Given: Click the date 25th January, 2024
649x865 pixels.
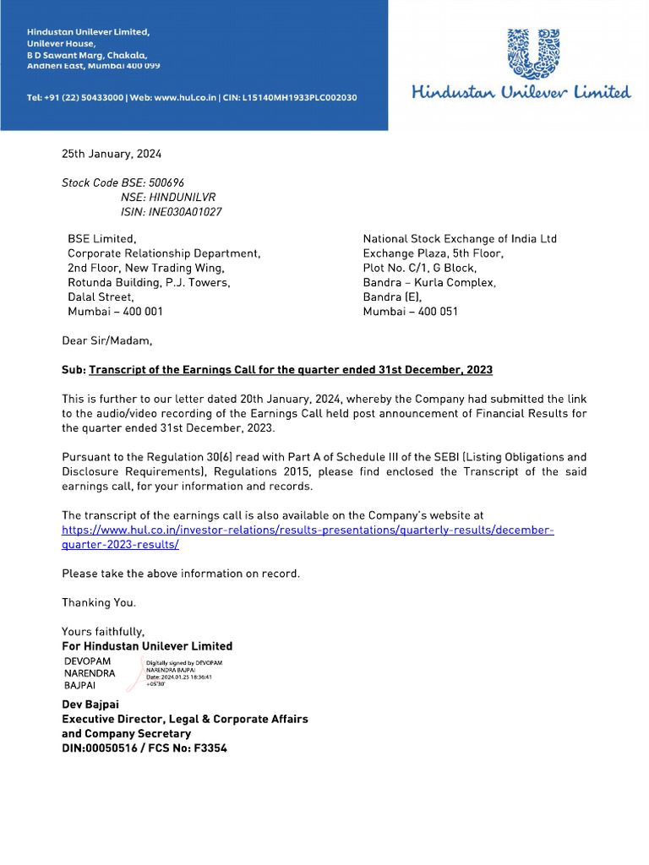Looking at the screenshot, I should pyautogui.click(x=111, y=154).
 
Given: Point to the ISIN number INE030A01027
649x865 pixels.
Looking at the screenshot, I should pyautogui.click(x=185, y=212).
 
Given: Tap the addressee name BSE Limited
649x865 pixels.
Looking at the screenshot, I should pyautogui.click(x=101, y=239).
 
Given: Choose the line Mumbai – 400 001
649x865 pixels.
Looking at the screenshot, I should pyautogui.click(x=115, y=311).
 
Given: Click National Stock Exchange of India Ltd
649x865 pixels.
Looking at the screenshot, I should pyautogui.click(x=460, y=239).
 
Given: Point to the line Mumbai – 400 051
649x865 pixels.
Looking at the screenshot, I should pyautogui.click(x=411, y=311).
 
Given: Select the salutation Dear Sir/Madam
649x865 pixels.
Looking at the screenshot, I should pyautogui.click(x=107, y=341).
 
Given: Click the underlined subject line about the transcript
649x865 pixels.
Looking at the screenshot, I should pyautogui.click(x=290, y=370).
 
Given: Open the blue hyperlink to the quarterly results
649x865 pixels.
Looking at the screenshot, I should pyautogui.click(x=308, y=530).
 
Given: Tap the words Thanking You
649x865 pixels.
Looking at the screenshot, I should pyautogui.click(x=98, y=602).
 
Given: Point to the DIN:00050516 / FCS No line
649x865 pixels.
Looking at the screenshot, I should pyautogui.click(x=144, y=748).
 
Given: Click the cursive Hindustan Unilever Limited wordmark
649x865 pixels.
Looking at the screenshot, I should pyautogui.click(x=521, y=92).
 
